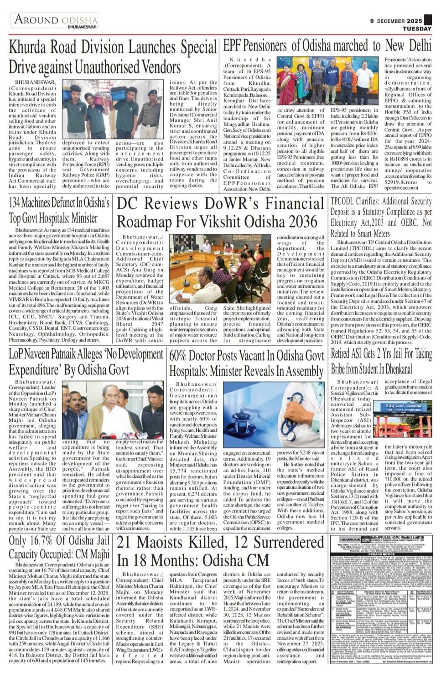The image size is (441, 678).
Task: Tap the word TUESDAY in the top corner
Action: coord(417,29)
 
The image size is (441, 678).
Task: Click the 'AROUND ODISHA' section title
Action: coord(56,20)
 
